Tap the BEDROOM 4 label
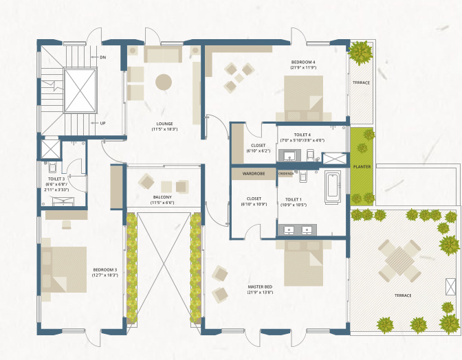click(x=302, y=63)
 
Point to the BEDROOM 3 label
click(x=106, y=269)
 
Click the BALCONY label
click(x=162, y=197)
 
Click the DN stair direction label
click(x=102, y=57)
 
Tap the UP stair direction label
click(x=102, y=124)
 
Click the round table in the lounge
click(x=164, y=82)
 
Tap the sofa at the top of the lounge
click(x=163, y=55)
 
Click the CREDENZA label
click(x=286, y=174)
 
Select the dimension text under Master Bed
click(x=260, y=293)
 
